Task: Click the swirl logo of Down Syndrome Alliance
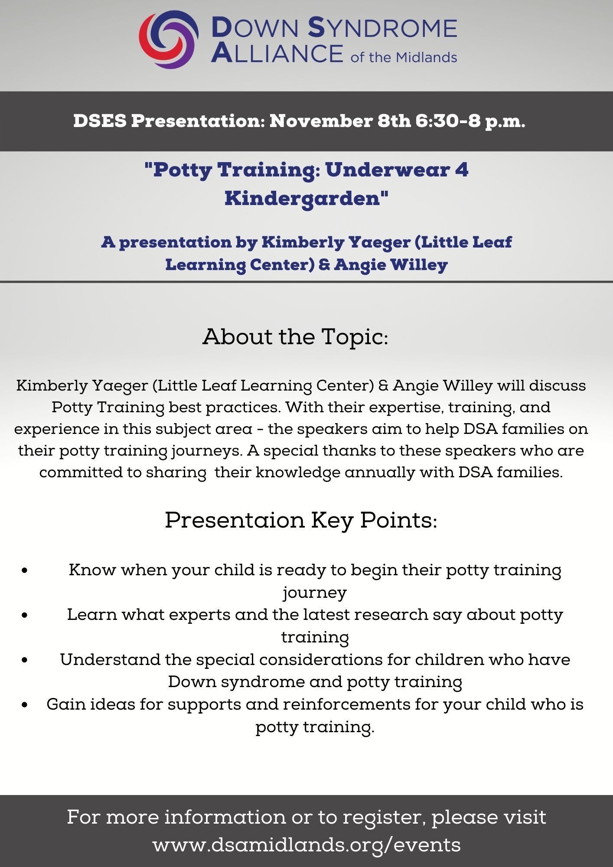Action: (168, 39)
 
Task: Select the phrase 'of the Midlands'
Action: (404, 57)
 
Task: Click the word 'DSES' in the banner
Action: (100, 121)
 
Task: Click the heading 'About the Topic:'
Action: (295, 337)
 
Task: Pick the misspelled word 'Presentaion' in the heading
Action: (235, 520)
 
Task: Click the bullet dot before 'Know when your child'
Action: (25, 570)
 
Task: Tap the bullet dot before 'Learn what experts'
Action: (25, 615)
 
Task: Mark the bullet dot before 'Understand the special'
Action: (25, 660)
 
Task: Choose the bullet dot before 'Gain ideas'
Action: (25, 705)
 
